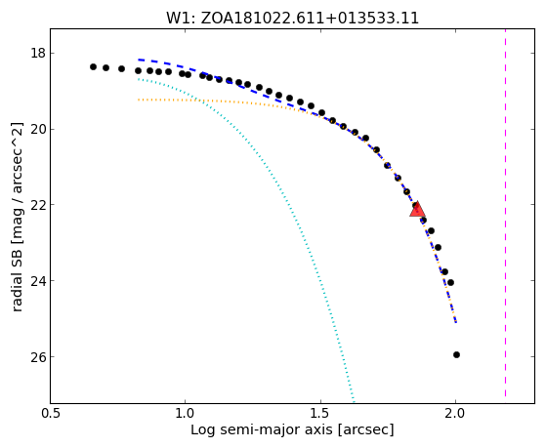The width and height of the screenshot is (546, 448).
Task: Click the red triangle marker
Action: [417, 209]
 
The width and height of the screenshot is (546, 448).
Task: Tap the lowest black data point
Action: [456, 354]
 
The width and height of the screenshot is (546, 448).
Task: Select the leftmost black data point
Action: [93, 66]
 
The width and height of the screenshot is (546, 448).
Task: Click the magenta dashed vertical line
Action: [505, 213]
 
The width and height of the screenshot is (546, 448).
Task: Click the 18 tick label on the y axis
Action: [38, 54]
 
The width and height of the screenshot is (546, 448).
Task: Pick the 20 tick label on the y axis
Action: [38, 129]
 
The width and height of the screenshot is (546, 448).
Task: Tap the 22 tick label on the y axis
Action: [38, 205]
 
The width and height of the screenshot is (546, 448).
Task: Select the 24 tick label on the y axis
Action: [38, 280]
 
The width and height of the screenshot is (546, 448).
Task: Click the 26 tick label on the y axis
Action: [38, 357]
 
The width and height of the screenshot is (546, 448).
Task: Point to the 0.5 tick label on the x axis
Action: [51, 413]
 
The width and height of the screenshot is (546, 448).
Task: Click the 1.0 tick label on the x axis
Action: [186, 413]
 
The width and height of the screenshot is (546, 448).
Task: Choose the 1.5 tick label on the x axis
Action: [320, 413]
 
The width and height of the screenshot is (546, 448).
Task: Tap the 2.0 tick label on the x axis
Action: [456, 413]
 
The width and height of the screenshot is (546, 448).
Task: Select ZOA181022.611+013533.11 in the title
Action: [310, 19]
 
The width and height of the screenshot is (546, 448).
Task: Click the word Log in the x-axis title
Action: [203, 430]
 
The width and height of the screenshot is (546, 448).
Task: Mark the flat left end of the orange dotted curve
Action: [139, 100]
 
